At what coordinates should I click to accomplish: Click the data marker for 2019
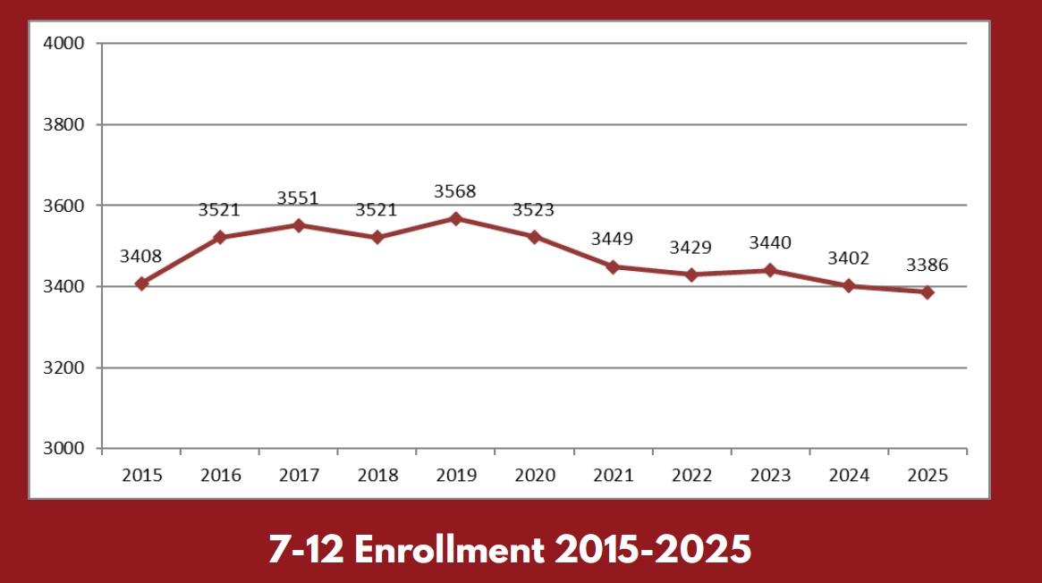coord(455,218)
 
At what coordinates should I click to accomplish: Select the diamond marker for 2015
coord(141,283)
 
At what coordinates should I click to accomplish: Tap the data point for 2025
coord(928,292)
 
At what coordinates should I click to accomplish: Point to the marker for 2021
coord(613,266)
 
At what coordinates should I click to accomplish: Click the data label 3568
coord(455,191)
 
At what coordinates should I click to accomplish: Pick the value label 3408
coord(141,258)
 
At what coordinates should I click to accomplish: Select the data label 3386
coord(928,266)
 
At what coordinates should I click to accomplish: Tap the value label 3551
coord(298,199)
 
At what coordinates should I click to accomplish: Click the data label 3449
coord(613,240)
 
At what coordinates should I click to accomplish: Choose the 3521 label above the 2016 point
coord(219,210)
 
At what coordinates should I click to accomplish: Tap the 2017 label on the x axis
coord(299,475)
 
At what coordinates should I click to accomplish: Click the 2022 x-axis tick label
coord(691,475)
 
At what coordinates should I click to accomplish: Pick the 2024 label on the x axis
coord(849,475)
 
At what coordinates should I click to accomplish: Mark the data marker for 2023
coord(770,270)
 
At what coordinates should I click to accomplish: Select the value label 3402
coord(849,259)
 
